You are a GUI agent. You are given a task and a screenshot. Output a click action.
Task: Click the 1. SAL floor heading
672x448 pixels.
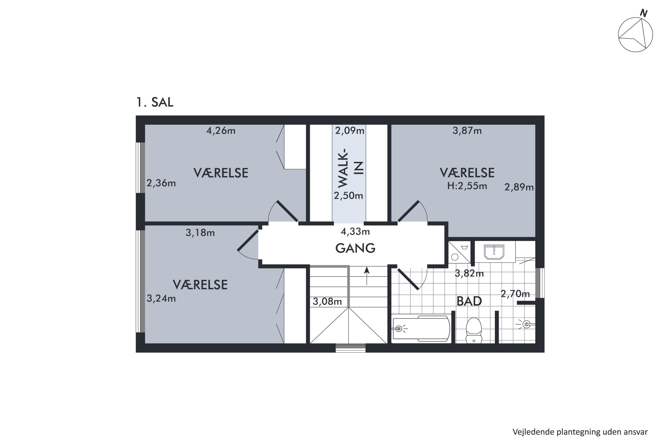click(x=155, y=102)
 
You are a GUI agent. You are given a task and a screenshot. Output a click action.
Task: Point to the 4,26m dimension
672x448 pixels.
click(x=221, y=131)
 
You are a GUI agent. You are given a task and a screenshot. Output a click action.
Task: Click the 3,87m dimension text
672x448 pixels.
click(x=467, y=131)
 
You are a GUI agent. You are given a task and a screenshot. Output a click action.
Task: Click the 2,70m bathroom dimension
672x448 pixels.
click(x=515, y=294)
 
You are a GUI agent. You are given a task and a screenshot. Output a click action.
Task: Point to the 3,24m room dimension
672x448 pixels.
click(x=161, y=299)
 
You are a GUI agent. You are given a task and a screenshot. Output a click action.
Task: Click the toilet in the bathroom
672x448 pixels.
click(x=474, y=330)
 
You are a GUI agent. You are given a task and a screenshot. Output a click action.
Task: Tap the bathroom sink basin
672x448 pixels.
click(x=494, y=252)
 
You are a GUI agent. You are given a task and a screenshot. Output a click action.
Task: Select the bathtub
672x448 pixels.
click(x=421, y=329)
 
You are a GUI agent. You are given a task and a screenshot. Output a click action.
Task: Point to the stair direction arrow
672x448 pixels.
click(x=367, y=276)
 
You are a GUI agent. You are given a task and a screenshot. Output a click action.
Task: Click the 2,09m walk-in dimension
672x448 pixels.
click(x=350, y=131)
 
